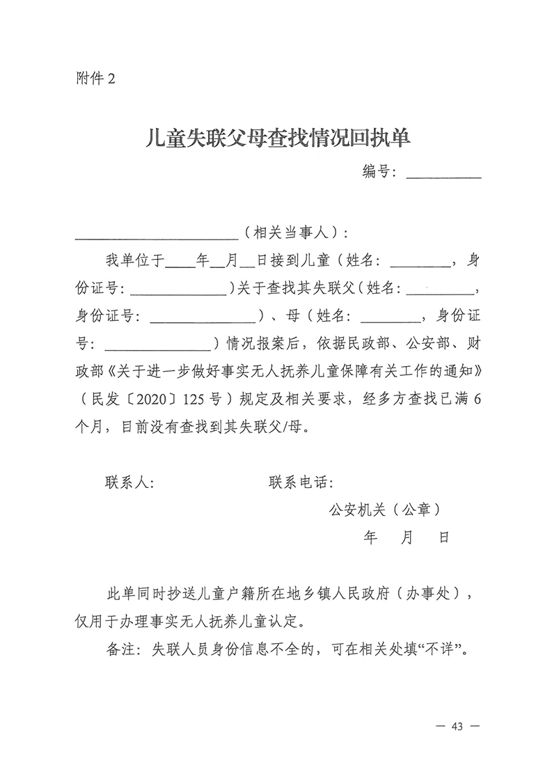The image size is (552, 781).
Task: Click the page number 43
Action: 457,726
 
